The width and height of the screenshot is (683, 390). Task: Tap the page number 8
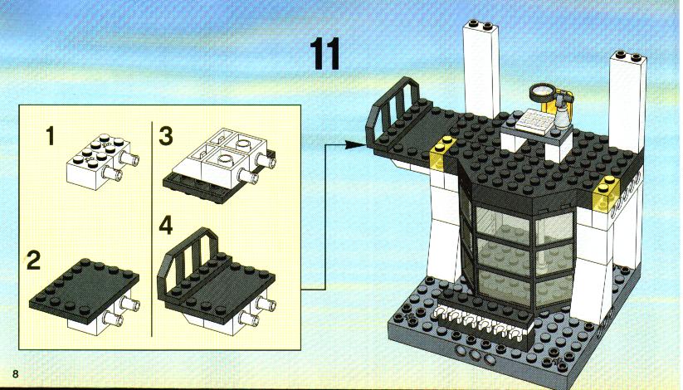point(16,373)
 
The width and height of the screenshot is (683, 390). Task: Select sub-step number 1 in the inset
point(51,135)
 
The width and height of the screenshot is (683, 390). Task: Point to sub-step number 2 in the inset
point(33,261)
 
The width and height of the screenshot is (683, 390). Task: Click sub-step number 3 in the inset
point(165,135)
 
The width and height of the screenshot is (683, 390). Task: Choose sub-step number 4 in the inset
point(165,225)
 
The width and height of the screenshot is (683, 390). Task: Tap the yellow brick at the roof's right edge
point(607,193)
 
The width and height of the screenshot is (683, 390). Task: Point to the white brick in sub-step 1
point(101,161)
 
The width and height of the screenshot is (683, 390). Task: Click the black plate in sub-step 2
point(84,286)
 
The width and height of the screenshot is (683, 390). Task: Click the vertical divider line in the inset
point(152,229)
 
